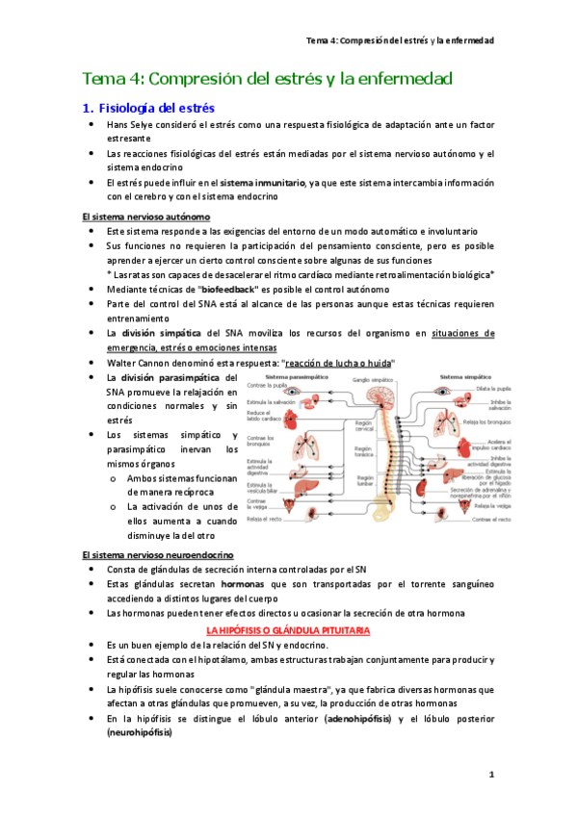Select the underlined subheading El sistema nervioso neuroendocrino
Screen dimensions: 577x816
157,555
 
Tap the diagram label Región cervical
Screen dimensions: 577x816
362,424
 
